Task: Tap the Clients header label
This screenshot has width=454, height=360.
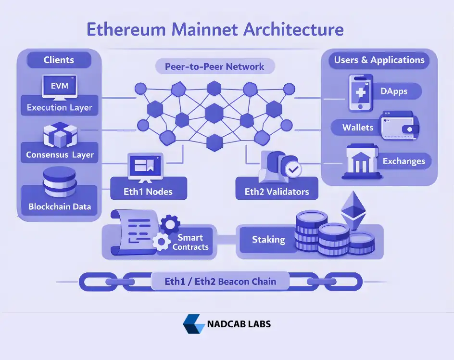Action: [x=59, y=60]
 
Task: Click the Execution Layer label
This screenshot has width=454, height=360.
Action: [x=60, y=107]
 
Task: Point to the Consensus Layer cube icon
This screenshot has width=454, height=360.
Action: [x=60, y=134]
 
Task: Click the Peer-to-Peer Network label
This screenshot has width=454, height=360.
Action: [x=214, y=66]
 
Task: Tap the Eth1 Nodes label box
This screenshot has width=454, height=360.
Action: [x=148, y=192]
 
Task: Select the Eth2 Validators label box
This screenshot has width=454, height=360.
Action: [x=277, y=192]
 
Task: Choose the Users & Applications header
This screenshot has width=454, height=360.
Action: [x=379, y=60]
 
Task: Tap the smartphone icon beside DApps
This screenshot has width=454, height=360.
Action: [x=360, y=92]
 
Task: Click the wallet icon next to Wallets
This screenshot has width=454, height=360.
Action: [x=399, y=126]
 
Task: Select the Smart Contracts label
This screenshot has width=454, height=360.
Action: [x=190, y=242]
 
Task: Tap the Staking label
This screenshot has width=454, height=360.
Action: [x=268, y=240]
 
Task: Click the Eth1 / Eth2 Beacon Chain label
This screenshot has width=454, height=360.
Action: [x=220, y=282]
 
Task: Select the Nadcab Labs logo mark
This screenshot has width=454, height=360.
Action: [x=193, y=324]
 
